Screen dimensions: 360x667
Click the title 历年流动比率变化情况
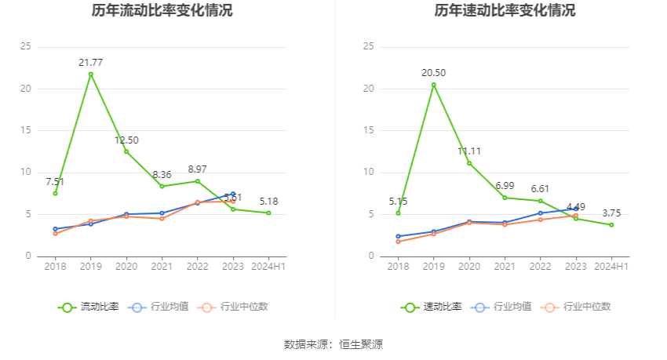click(162, 11)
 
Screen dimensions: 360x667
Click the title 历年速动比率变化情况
click(505, 11)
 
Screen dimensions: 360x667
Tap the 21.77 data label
click(90, 62)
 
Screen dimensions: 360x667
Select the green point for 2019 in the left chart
click(90, 75)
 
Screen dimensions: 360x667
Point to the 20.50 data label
click(433, 73)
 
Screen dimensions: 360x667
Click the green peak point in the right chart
click(433, 85)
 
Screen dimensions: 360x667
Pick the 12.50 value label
click(126, 140)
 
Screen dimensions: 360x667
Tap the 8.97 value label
click(198, 169)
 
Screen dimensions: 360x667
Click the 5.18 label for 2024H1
click(268, 202)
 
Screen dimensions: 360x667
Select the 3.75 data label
click(611, 213)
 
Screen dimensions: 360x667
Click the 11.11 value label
click(469, 151)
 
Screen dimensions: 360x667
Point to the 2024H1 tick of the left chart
click(268, 267)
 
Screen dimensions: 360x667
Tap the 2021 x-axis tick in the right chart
click(505, 267)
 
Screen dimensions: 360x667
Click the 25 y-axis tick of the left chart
click(26, 46)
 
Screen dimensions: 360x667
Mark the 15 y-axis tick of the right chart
click(369, 130)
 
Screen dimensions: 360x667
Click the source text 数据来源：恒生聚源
click(333, 344)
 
